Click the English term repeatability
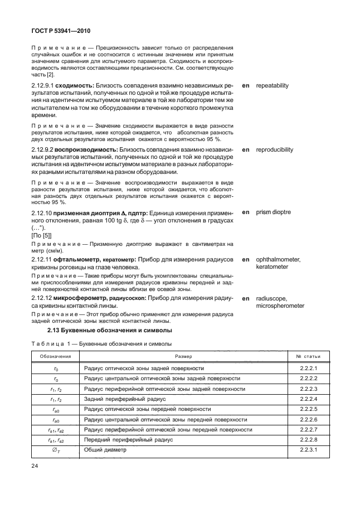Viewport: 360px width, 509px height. (272, 86)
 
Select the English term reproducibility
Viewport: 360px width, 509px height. (274, 150)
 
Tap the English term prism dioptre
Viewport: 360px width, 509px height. (273, 213)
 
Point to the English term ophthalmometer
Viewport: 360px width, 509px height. (279, 260)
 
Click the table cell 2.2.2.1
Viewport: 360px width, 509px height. (308, 369)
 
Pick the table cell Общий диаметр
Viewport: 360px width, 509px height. (105, 449)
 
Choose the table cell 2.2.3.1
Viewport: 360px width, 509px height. (308, 449)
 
